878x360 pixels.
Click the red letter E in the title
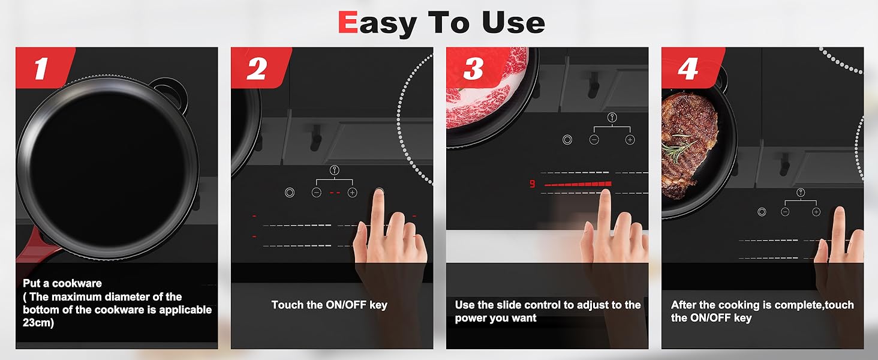click(348, 22)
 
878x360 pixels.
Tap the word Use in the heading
click(513, 22)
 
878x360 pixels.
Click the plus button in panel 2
click(353, 193)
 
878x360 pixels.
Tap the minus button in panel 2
click(316, 193)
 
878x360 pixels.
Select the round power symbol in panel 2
click(290, 193)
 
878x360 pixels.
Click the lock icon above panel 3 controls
click(612, 117)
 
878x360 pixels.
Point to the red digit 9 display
click(532, 184)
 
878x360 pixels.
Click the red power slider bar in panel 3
click(578, 184)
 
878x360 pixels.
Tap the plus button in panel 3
click(630, 140)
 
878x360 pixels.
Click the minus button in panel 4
click(784, 212)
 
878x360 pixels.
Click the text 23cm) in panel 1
click(38, 323)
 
